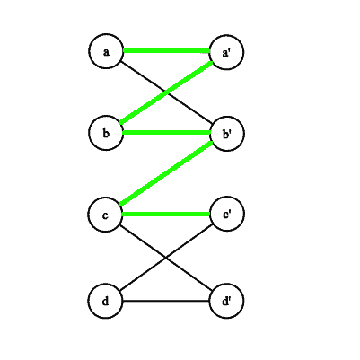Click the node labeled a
click(106, 51)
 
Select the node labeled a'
click(226, 52)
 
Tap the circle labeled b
click(106, 133)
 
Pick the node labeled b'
click(227, 134)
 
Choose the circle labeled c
click(105, 215)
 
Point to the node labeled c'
click(227, 214)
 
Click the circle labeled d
click(105, 301)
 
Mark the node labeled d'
click(226, 301)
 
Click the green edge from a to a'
click(166, 51)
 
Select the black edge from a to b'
click(166, 92)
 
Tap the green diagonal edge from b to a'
click(166, 92)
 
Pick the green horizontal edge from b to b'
click(167, 133)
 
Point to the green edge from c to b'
click(166, 173)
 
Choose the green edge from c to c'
click(166, 214)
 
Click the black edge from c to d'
click(166, 258)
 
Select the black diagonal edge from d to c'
click(166, 258)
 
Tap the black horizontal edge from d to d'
click(166, 301)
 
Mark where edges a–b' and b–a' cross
click(167, 92)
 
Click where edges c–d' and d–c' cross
click(166, 258)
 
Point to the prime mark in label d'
click(230, 299)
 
